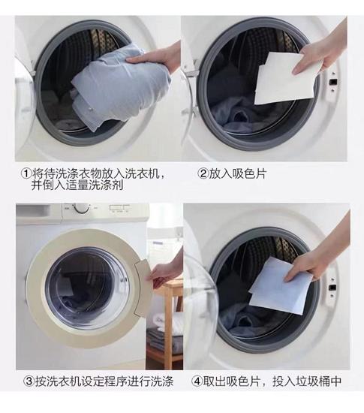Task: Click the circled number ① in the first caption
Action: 26,173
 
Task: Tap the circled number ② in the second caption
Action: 203,173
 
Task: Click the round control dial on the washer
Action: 81,209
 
